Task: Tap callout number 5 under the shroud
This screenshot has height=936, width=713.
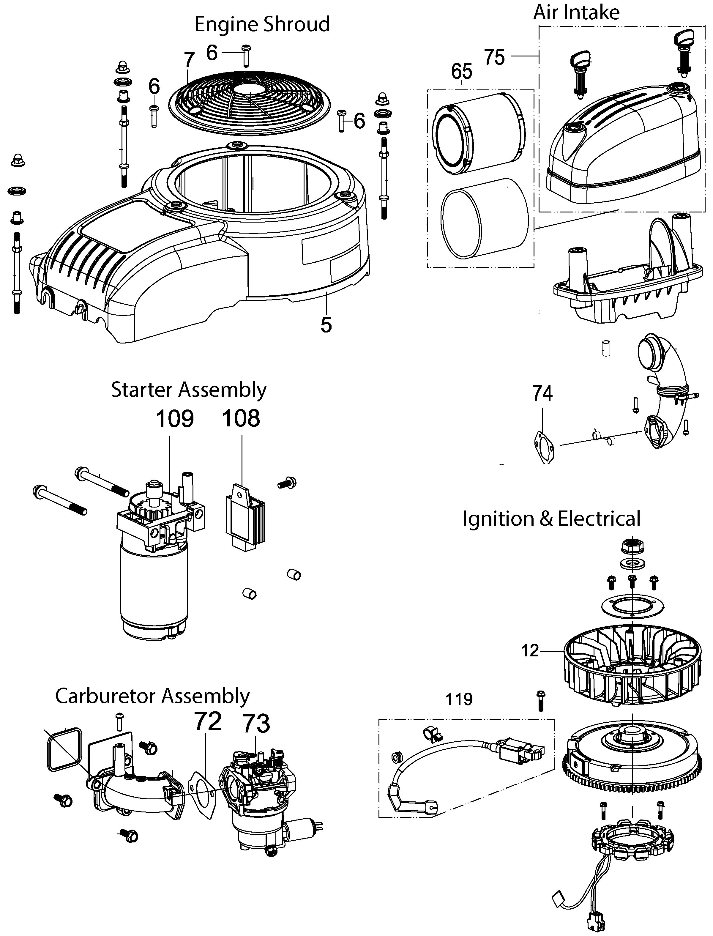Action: point(326,325)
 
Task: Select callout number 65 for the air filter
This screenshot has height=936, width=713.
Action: point(461,71)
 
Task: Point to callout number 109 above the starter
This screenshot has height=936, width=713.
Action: point(174,419)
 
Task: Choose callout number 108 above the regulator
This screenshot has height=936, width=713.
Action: point(241,419)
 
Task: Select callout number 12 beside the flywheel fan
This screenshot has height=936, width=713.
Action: point(530,650)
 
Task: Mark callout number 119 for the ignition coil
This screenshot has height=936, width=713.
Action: point(459,699)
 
